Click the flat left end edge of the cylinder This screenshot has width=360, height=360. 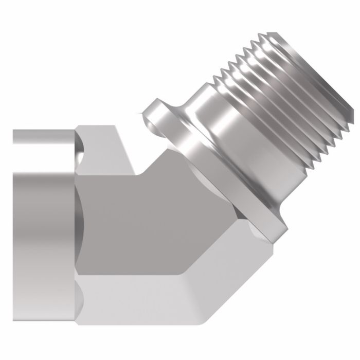click(x=14, y=206)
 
